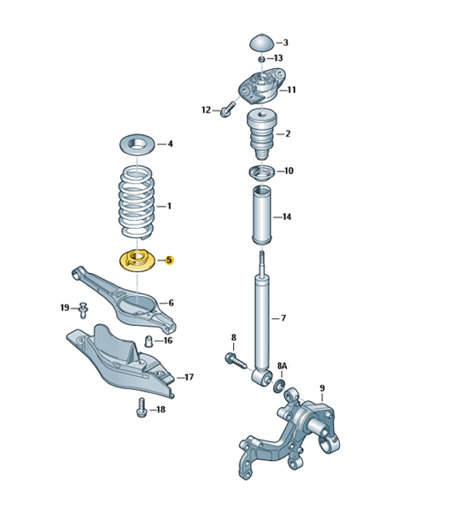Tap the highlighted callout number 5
tap(169, 260)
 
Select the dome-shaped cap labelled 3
tap(263, 43)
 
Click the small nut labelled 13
tap(261, 60)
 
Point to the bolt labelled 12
tap(227, 109)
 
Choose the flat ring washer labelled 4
tap(137, 145)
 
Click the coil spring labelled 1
tap(137, 201)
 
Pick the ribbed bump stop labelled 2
tap(261, 134)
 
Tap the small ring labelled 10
tap(261, 172)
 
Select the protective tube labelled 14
tap(261, 216)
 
